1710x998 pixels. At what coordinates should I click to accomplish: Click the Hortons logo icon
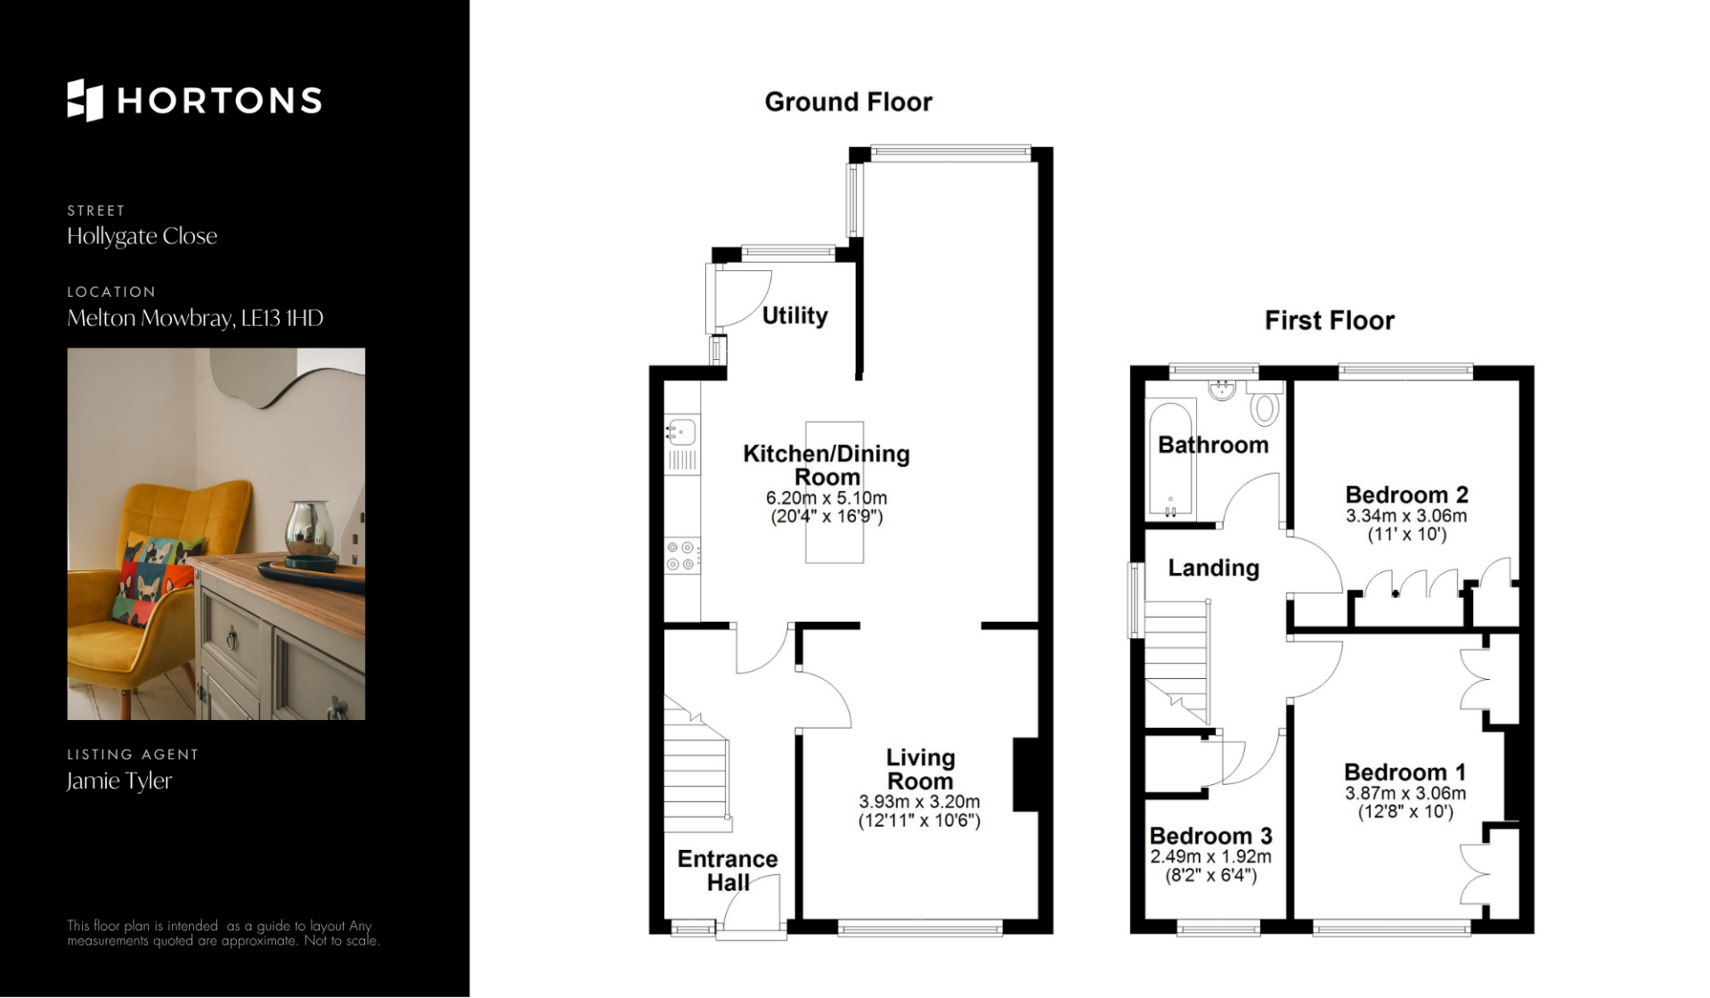85,100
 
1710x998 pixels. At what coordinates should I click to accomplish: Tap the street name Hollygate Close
142,236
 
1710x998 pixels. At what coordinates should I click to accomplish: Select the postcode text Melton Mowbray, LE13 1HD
195,318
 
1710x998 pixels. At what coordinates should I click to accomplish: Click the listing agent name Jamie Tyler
119,781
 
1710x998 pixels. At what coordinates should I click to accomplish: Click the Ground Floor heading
848,102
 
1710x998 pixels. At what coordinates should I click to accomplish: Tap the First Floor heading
1330,321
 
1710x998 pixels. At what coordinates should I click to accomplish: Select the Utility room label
794,315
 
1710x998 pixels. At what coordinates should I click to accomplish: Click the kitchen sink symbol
681,431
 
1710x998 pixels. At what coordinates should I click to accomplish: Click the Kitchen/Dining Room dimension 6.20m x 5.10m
826,498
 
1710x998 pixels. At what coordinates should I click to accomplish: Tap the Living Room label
920,769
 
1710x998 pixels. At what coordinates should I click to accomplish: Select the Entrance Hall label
728,871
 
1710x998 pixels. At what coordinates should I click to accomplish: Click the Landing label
1213,569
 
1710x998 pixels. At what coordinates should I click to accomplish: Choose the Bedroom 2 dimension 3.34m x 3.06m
1406,516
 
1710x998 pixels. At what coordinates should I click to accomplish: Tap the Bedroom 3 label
1210,836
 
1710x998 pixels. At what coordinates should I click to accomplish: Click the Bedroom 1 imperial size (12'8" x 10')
1405,812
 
